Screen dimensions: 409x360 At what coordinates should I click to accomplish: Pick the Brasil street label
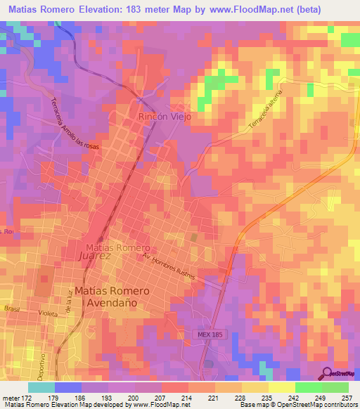(11, 309)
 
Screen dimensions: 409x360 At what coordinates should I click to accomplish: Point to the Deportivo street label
(51, 361)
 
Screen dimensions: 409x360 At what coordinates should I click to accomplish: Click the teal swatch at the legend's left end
(41, 387)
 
